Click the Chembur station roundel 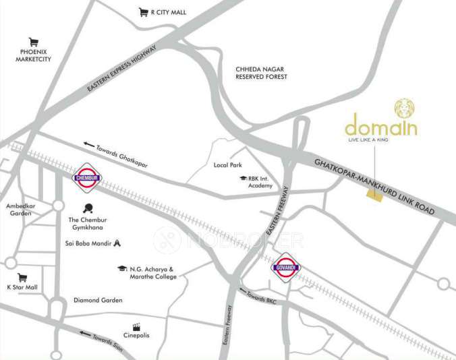point(87,179)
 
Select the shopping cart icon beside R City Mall point(143,12)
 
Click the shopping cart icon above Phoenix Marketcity point(33,42)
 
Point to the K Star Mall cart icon point(22,277)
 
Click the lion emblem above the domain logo point(405,108)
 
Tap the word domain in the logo point(380,127)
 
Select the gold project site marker point(372,193)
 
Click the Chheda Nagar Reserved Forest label point(261,73)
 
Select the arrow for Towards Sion point(84,332)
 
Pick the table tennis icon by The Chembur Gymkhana point(87,208)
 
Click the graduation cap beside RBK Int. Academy point(242,179)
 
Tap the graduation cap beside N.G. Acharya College point(122,268)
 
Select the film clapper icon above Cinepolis point(136,326)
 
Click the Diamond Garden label point(98,300)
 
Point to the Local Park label point(227,165)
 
